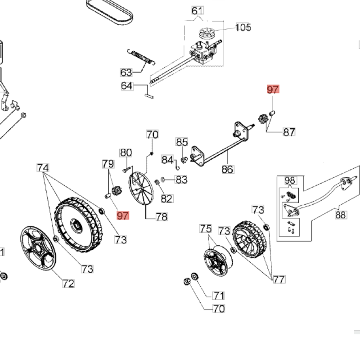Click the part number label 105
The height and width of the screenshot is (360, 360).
point(243,27)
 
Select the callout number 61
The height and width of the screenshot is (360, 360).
point(197,11)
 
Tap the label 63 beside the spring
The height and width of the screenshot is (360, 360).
point(126,72)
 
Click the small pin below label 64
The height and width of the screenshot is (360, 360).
point(149,94)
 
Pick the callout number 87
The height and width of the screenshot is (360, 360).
point(289,132)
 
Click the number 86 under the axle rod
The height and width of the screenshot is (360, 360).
point(228,169)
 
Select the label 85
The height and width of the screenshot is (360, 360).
point(182,142)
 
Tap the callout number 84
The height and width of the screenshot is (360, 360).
point(167,160)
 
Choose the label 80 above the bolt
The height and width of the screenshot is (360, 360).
point(126,153)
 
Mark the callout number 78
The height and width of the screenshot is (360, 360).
point(162,217)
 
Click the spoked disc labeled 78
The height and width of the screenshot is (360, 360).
point(141,189)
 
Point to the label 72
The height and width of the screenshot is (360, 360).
point(68,283)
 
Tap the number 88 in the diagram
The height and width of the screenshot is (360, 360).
point(341,215)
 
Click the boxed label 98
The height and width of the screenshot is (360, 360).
point(290,181)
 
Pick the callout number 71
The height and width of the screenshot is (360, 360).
point(218,296)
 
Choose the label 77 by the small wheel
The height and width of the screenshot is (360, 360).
point(279,279)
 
